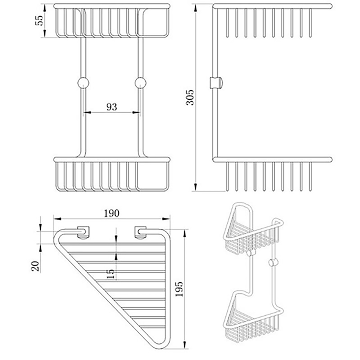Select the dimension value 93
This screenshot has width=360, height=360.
coord(112,107)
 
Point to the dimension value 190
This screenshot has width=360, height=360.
coord(112,213)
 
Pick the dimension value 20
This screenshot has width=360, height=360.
coord(35,266)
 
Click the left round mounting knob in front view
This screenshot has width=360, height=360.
coord(83,83)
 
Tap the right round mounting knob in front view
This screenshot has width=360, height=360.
coord(140,83)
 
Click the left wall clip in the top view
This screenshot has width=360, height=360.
coord(84,232)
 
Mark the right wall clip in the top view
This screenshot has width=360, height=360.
coord(140,232)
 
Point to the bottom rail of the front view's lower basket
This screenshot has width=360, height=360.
coord(112,190)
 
